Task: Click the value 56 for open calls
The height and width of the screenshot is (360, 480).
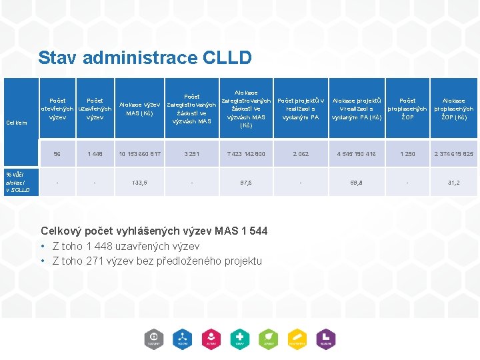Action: click(57, 154)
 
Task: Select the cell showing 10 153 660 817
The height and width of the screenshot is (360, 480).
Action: click(140, 154)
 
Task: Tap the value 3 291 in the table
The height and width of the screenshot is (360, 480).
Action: click(191, 154)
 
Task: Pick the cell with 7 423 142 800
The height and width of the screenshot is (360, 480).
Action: click(246, 154)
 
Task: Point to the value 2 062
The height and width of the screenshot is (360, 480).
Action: click(301, 154)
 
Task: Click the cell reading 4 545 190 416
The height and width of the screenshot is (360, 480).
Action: click(357, 154)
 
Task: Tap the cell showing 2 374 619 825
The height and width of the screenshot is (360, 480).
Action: click(453, 154)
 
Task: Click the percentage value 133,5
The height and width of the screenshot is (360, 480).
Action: click(140, 181)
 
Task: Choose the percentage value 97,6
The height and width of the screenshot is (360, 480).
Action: click(246, 181)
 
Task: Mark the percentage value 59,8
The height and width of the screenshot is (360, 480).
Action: click(357, 181)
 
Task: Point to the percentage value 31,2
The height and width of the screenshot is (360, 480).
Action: click(453, 181)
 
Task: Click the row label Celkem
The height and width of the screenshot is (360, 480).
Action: click(16, 122)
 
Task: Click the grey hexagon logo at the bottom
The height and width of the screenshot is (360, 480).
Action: click(154, 339)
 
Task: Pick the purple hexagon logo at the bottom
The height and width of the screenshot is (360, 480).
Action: click(326, 339)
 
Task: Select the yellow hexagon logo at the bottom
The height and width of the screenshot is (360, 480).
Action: click(297, 339)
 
